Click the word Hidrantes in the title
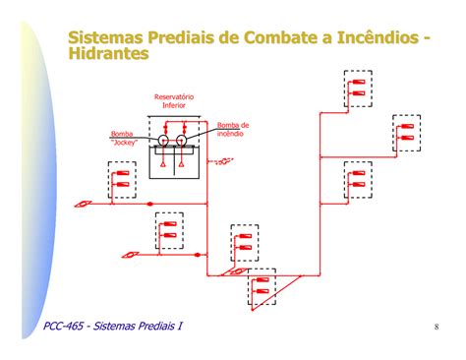click(x=108, y=53)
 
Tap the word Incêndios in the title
click(x=378, y=37)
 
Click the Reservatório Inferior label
click(x=174, y=101)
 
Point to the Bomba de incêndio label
click(x=233, y=129)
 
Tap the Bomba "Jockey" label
click(x=124, y=138)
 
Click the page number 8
click(x=437, y=327)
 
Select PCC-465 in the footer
click(x=63, y=326)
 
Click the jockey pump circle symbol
click(x=163, y=141)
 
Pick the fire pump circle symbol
click(x=181, y=141)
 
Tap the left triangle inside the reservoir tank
click(x=163, y=164)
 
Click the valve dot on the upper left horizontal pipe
click(x=149, y=204)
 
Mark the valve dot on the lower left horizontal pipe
click(x=198, y=255)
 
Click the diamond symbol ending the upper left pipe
click(x=82, y=204)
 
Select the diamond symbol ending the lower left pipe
click(x=131, y=255)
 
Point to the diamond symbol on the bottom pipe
click(x=238, y=271)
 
